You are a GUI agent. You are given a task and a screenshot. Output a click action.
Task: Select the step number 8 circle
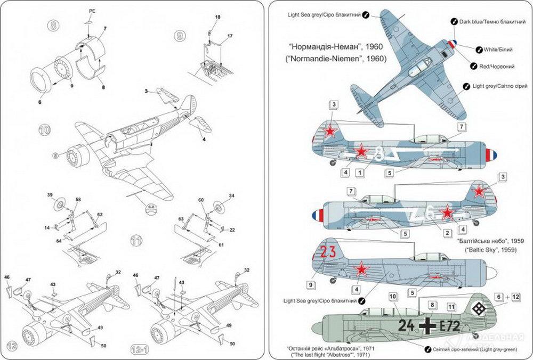pos(54,25)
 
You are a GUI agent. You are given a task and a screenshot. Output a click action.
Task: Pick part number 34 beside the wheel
pos(231,195)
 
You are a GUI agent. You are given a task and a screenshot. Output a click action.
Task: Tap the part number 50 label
pos(103,346)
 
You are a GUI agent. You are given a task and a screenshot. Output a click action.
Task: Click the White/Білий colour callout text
pos(498,49)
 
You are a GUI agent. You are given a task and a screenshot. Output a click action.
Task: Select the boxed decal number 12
pos(516,298)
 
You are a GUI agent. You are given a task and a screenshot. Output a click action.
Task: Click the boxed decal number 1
pos(360,173)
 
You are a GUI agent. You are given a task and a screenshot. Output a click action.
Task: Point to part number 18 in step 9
pos(217,18)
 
